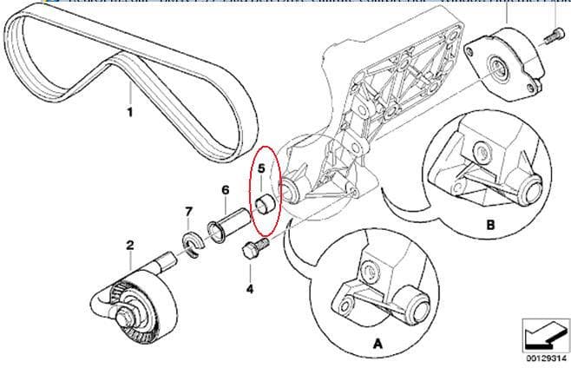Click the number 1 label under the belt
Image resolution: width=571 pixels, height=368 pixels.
tap(130, 112)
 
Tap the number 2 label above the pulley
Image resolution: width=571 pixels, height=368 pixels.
tap(129, 246)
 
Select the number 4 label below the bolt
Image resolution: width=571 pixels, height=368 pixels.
tap(250, 289)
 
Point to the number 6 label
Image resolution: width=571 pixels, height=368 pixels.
tap(225, 190)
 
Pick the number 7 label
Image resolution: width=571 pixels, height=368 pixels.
tap(187, 211)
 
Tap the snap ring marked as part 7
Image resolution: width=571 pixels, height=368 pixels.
tap(192, 242)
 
